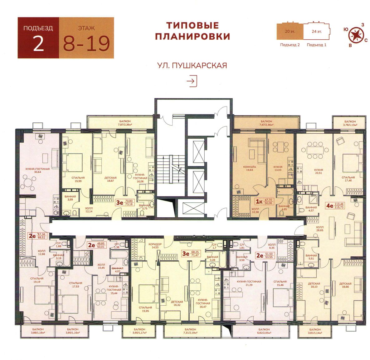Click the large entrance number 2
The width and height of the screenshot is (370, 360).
click(38, 44)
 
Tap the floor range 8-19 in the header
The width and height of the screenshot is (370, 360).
click(86, 43)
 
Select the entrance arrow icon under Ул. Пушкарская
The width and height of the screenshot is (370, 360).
click(192, 81)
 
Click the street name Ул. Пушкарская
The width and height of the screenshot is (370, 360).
click(192, 66)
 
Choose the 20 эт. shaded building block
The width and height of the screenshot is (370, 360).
click(290, 32)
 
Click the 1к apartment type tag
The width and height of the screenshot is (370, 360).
click(258, 201)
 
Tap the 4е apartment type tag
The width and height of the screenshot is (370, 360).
click(329, 205)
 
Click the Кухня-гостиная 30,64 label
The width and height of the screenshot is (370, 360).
click(37, 170)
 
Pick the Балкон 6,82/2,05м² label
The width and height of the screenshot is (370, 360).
click(264, 331)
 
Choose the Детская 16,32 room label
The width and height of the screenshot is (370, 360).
click(177, 303)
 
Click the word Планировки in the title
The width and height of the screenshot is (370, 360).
click(192, 36)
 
